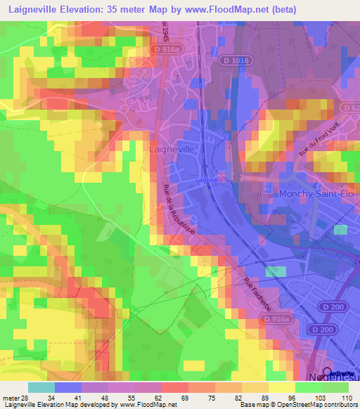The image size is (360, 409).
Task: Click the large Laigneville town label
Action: click(172, 150)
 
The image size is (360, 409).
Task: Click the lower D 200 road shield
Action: click(323, 330)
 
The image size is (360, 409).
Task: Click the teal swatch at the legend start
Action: click(41, 387)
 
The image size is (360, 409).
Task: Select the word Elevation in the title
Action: click(84, 9)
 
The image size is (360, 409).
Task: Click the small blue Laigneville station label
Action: click(210, 179)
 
